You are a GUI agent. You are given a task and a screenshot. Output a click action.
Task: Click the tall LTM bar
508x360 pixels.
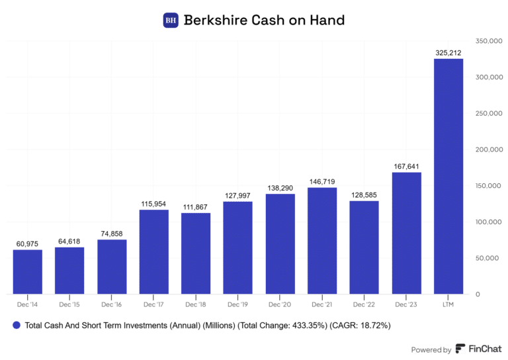coord(448,176)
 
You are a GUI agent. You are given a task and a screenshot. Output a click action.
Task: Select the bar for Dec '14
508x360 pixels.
coord(27,271)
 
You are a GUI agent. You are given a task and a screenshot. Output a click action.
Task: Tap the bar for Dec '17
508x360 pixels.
coord(153,251)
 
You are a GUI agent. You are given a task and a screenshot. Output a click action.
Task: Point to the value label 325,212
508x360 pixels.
coord(448,53)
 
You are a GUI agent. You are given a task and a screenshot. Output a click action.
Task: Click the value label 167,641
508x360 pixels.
coord(405,167)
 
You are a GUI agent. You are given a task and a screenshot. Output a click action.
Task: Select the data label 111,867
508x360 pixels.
coord(196,207)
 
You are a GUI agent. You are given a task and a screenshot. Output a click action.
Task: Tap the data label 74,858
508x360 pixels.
coord(112,234)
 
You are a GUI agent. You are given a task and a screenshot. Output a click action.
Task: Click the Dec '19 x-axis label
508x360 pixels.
coord(237,304)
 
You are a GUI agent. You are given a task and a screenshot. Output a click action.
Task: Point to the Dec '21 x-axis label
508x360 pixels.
coord(321,304)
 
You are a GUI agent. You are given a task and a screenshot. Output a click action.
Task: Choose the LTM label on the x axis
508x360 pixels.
coord(448,304)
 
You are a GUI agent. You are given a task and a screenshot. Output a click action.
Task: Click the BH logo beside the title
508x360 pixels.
coord(171,21)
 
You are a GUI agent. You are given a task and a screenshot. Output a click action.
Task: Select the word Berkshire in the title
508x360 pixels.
coord(215,21)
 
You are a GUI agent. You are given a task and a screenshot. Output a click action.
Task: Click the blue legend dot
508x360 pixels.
coord(15,326)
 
